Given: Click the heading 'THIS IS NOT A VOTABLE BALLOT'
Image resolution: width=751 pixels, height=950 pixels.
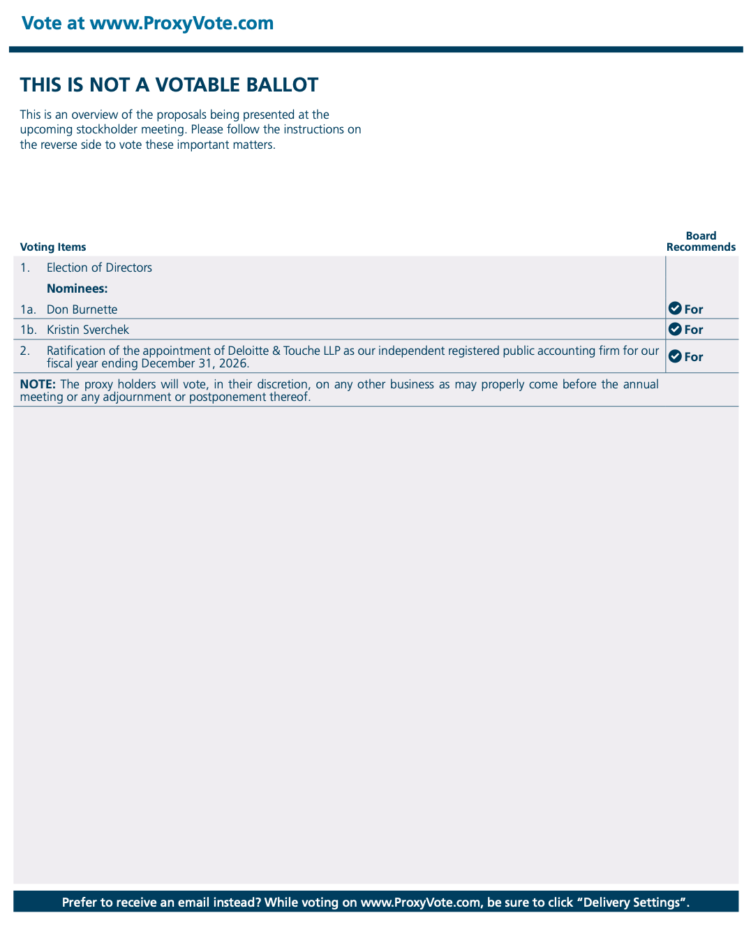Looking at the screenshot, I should [169, 85].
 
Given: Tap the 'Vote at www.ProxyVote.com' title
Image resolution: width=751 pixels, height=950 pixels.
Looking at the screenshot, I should [147, 24].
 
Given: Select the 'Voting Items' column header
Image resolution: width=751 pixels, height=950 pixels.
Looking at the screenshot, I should [53, 247].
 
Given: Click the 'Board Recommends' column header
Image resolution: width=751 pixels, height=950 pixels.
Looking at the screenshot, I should [701, 242].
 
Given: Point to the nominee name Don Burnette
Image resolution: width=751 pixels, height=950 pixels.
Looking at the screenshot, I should [82, 309].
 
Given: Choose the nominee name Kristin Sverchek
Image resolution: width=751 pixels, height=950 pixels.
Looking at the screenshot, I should [88, 330].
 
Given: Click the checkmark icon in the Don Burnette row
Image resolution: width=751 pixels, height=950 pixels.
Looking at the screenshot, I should [675, 309].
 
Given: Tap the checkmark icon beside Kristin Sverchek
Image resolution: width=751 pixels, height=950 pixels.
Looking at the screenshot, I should [675, 329].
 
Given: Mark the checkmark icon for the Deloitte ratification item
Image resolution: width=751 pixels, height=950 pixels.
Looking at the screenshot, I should [675, 356].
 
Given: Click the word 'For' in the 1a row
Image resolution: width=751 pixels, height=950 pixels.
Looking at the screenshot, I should [694, 309].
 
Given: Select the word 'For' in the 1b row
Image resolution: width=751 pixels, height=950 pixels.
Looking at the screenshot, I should [694, 330].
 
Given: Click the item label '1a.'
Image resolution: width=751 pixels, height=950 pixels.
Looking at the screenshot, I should [28, 309].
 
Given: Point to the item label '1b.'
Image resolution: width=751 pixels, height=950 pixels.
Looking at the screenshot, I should [28, 330].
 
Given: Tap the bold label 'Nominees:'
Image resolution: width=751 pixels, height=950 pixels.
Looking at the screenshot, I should [77, 288].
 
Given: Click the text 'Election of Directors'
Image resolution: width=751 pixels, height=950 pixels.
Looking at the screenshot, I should [99, 268].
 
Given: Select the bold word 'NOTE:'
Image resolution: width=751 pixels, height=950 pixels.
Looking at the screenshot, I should [38, 384].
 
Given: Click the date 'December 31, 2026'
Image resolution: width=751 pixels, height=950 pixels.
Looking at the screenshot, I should [194, 363].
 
